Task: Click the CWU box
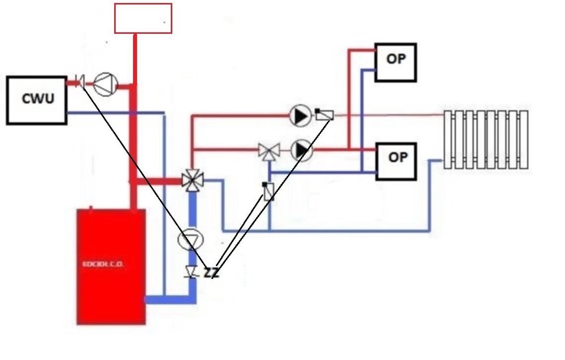coord(37,100)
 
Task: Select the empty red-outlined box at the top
coord(143,18)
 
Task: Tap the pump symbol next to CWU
coord(105,84)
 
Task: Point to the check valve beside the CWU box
coord(81,82)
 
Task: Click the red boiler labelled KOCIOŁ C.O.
coord(111,266)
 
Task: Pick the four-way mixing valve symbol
coord(193,181)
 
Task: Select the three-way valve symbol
coord(269,151)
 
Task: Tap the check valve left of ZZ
coord(192,273)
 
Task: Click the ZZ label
coord(211,273)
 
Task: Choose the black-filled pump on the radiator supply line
coord(300,116)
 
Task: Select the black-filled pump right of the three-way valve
coord(303,151)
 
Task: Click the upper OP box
coord(395,62)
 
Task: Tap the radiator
coord(486,139)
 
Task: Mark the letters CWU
coord(38,99)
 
